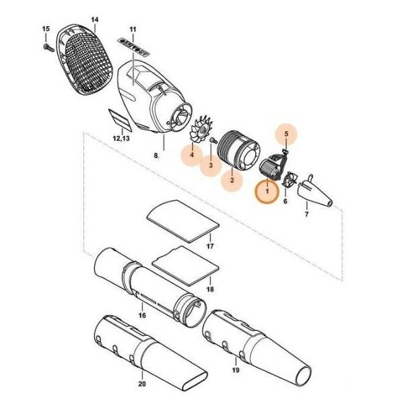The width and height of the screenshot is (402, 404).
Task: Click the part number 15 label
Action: (x=46, y=28)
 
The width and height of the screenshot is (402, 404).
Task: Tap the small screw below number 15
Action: (x=48, y=48)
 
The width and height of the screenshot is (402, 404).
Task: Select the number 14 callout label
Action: (x=94, y=20)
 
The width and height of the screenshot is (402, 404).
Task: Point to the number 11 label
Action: (x=133, y=29)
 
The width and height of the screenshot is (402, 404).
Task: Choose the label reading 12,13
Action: (x=121, y=138)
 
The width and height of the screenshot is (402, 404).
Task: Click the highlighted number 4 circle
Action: (x=192, y=155)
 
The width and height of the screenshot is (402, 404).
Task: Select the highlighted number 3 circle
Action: (x=211, y=165)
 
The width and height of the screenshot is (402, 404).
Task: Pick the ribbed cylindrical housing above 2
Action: (x=238, y=151)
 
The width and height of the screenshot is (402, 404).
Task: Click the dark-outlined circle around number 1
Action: (x=267, y=191)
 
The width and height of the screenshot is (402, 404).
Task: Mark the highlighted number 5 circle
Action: (x=286, y=134)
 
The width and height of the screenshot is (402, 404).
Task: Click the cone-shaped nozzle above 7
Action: (x=315, y=191)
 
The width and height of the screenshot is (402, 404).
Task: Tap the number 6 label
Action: (x=285, y=201)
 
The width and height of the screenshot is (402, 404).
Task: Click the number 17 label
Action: (x=210, y=246)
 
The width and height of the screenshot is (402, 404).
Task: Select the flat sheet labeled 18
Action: (x=186, y=266)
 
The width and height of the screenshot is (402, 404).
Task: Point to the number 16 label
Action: (x=142, y=315)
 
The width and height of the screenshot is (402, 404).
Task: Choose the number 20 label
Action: (x=142, y=384)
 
